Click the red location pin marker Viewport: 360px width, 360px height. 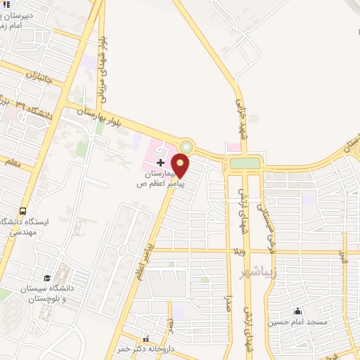click(181, 167)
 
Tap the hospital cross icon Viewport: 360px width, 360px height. click(160, 162)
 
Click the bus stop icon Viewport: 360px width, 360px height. click(24, 211)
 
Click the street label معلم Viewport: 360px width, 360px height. click(13, 164)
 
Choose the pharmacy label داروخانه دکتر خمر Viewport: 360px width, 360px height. click(134, 349)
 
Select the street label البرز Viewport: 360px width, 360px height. click(344, 266)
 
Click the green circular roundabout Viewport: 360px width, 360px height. click(186, 147)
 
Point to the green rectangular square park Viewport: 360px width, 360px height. click(244, 163)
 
